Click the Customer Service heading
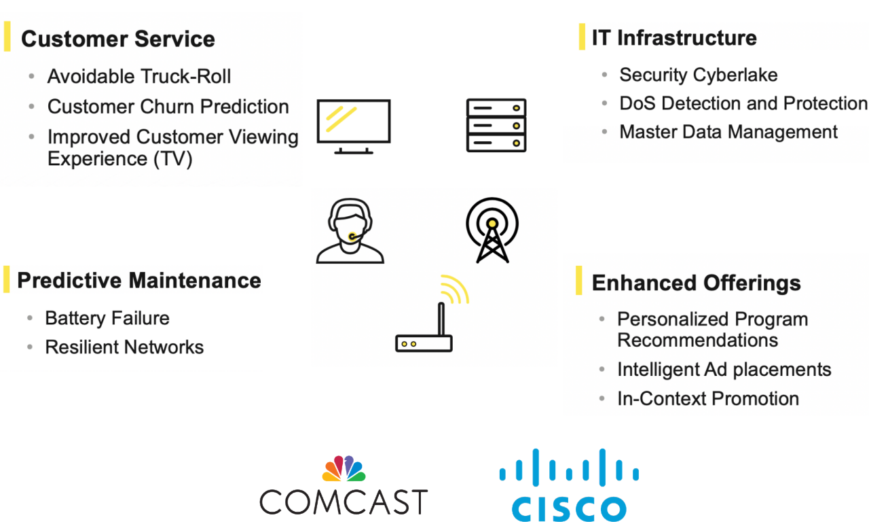pos(118,39)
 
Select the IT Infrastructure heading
pos(674,37)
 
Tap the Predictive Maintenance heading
pos(139,281)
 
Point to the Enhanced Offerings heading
pos(697,283)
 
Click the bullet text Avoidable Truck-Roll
pos(139,76)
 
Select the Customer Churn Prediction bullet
pos(168,107)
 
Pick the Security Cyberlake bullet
pos(699,75)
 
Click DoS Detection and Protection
pos(743,103)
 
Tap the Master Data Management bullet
pos(728,132)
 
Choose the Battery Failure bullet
pos(107,319)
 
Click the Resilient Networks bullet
pos(124,347)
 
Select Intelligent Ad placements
pos(724,369)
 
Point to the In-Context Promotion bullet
pos(708,398)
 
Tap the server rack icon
pos(496,125)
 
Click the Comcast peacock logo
pos(344,468)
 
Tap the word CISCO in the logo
pos(569,508)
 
